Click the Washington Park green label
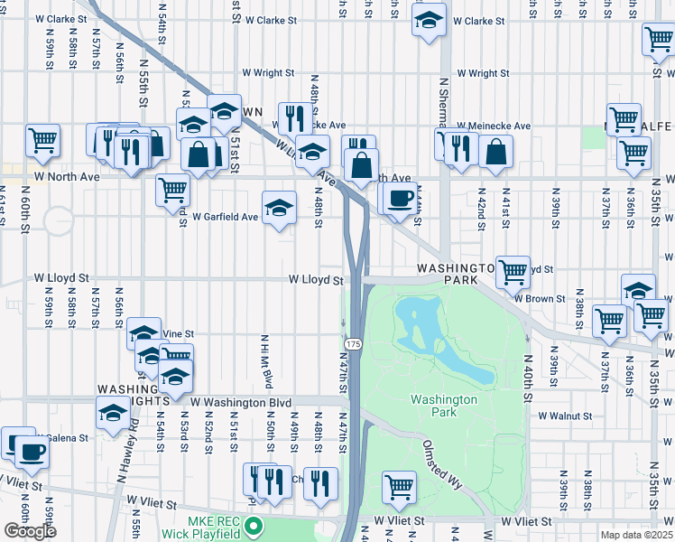click(x=443, y=406)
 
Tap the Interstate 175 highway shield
click(x=352, y=345)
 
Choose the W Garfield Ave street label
click(x=226, y=217)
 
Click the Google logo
click(x=30, y=531)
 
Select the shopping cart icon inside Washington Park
click(x=399, y=487)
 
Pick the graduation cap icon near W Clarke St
click(x=430, y=18)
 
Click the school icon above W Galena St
click(x=113, y=412)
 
